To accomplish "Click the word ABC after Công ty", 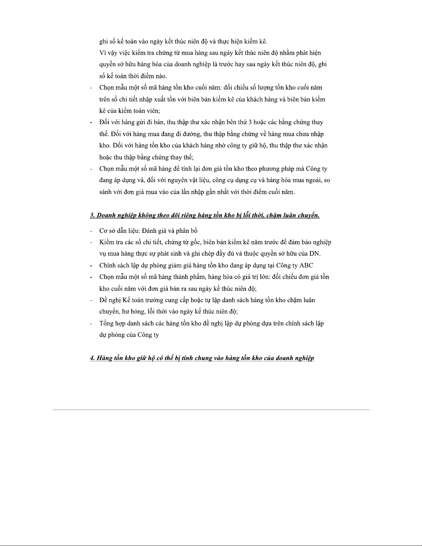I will pyautogui.click(x=306, y=265).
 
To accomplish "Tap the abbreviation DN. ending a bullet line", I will pyautogui.click(x=315, y=254).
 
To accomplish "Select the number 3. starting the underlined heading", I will pyautogui.click(x=92, y=216).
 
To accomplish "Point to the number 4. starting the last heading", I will pyautogui.click(x=93, y=358).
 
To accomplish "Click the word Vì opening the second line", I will pyautogui.click(x=102, y=53).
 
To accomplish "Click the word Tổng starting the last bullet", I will pyautogui.click(x=106, y=323).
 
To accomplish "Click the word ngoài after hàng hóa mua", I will pyautogui.click(x=314, y=180).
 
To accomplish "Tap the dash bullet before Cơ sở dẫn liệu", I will pyautogui.click(x=91, y=231).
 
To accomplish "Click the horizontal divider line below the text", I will pyautogui.click(x=211, y=410).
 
